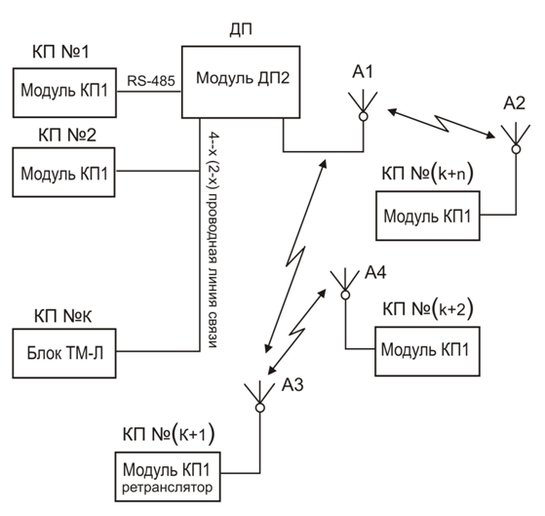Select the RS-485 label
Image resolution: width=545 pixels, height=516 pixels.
[151, 81]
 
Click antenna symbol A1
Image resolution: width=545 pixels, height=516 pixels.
[364, 105]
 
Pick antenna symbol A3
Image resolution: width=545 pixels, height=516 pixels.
[259, 397]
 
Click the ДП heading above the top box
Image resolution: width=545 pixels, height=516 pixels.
[241, 30]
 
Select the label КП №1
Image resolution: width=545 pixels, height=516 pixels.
[60, 52]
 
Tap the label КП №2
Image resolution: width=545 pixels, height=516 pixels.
[67, 135]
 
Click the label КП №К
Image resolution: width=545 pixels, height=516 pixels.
[63, 316]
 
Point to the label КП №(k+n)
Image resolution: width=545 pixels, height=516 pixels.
[428, 173]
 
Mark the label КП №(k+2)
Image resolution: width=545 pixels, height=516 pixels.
[428, 309]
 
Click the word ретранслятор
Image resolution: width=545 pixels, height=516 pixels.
[167, 487]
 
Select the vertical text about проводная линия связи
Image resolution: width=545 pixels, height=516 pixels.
[214, 240]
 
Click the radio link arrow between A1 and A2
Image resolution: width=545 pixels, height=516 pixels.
[442, 124]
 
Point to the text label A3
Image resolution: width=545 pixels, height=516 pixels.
[292, 385]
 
